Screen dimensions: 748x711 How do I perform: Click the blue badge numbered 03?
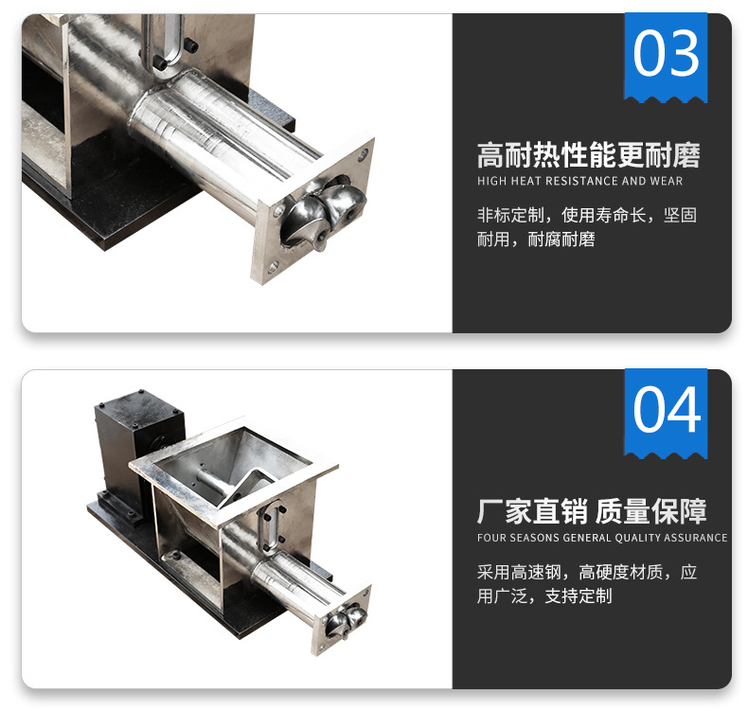pos(666,57)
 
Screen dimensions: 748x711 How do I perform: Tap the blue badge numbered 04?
pos(666,414)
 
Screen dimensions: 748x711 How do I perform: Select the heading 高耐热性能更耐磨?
pos(588,155)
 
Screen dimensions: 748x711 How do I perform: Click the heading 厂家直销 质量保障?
pos(592,511)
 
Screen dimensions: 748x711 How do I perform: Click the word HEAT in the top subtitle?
pos(526,181)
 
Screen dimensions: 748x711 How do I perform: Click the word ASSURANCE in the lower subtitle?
pos(696,538)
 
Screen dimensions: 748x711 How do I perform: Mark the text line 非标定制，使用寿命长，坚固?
pos(587,215)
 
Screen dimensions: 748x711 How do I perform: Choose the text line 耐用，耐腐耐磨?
pos(536,239)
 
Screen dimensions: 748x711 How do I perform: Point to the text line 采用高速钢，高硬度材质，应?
pos(587,572)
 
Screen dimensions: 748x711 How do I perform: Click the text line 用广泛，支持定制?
pos(544,595)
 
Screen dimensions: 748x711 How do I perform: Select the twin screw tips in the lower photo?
pos(346,619)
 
